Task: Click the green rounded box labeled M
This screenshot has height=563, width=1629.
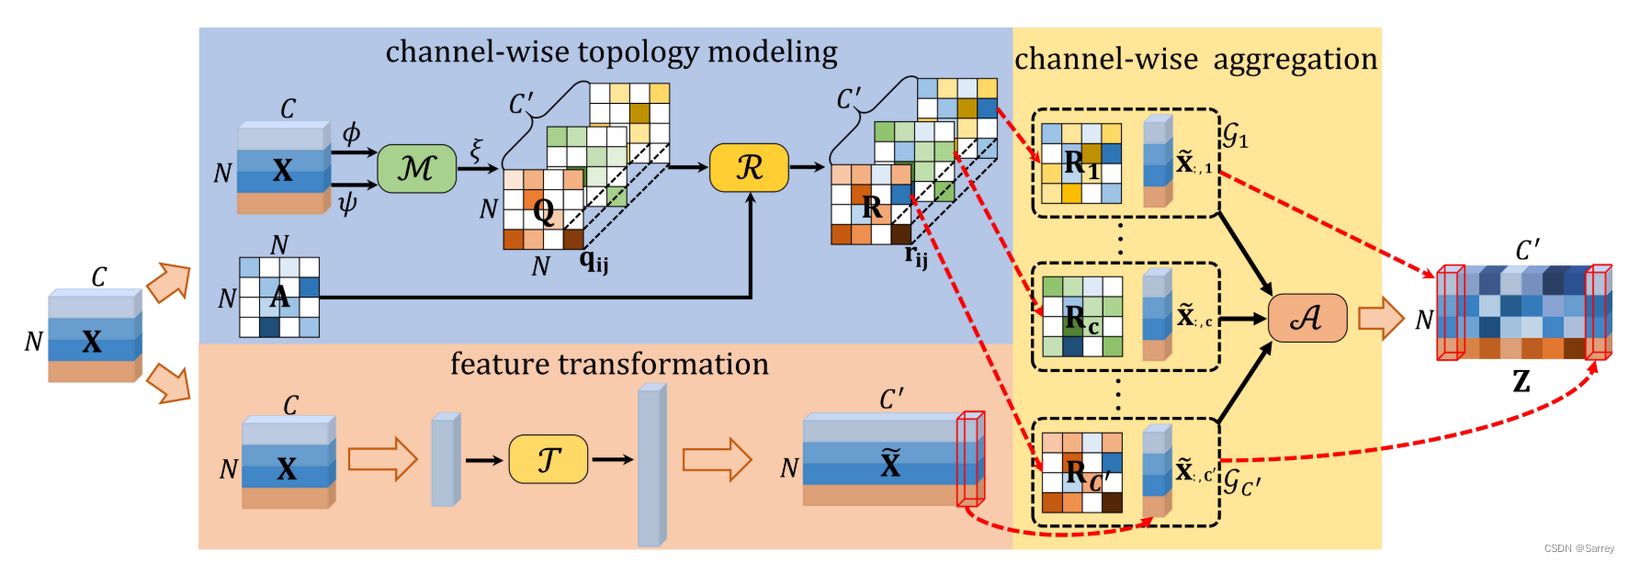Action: click(x=416, y=168)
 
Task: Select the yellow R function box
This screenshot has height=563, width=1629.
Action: click(x=749, y=167)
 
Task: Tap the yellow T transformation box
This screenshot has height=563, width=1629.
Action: click(x=548, y=459)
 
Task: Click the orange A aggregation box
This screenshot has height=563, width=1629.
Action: click(x=1307, y=318)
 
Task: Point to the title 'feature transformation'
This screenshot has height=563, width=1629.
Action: click(x=609, y=365)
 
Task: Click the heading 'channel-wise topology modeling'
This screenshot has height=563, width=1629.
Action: click(x=611, y=52)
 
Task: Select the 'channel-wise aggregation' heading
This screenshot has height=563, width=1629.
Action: click(x=1195, y=60)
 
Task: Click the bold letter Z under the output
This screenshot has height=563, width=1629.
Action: click(x=1522, y=380)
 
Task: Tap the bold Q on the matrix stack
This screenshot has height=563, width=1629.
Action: click(x=543, y=211)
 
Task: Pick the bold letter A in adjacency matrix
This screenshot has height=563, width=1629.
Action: click(x=279, y=297)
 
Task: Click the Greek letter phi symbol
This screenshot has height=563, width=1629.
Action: click(x=351, y=133)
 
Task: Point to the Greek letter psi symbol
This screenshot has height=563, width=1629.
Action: click(x=347, y=203)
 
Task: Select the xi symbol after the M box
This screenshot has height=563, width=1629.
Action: click(x=476, y=150)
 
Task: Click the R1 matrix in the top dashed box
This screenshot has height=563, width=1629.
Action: click(x=1081, y=163)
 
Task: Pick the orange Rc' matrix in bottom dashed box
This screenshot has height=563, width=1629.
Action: click(x=1081, y=472)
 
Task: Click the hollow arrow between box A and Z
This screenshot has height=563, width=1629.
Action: click(x=1381, y=318)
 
